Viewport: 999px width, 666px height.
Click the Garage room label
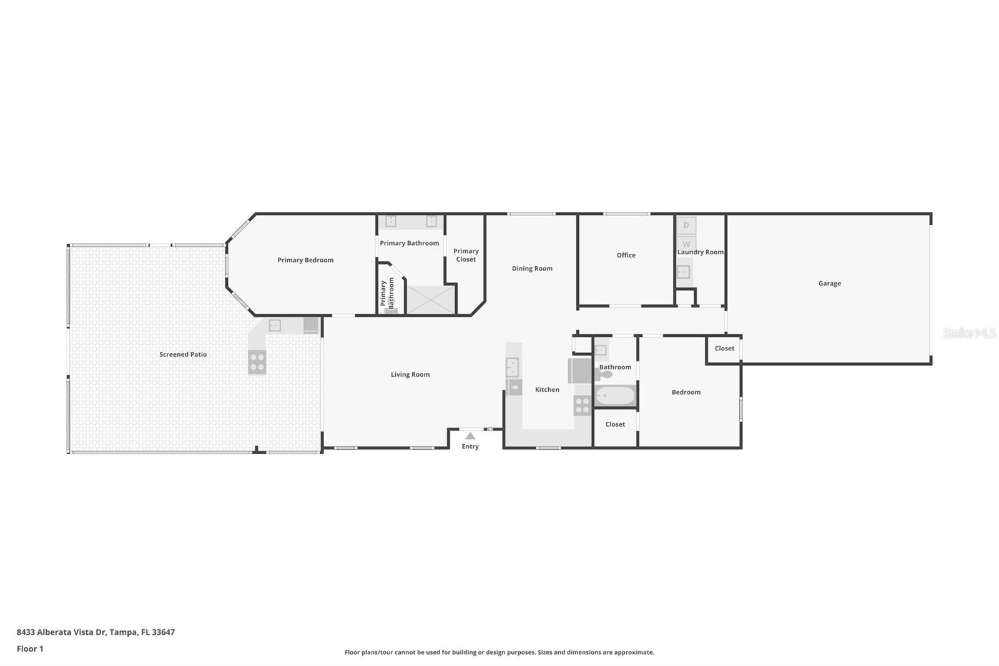(x=829, y=284)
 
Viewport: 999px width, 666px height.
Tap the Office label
(x=626, y=256)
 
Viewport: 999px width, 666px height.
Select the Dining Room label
(x=532, y=269)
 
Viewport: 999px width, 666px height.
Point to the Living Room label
(x=410, y=375)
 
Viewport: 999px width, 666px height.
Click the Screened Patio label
(x=183, y=355)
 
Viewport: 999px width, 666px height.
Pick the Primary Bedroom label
(x=305, y=261)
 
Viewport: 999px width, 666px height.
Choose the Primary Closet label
(x=466, y=256)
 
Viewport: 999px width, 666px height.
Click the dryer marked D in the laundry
(x=686, y=225)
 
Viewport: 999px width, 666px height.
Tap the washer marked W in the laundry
(x=686, y=244)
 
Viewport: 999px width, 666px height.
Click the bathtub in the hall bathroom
(x=615, y=395)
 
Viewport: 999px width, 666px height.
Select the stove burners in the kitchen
(x=582, y=405)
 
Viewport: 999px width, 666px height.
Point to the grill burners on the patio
(x=257, y=362)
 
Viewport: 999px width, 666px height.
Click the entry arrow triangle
(x=470, y=436)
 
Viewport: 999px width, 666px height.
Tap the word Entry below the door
(x=470, y=447)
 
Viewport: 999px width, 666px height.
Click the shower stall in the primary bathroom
(x=431, y=299)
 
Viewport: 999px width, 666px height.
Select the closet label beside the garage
(x=724, y=349)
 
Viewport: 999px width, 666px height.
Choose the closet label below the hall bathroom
(x=615, y=425)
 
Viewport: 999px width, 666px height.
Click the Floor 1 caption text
(x=30, y=649)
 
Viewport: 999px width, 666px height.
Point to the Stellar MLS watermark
(x=969, y=333)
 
